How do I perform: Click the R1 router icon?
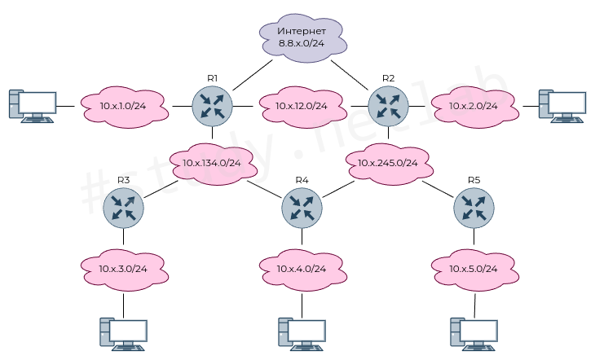click(x=212, y=105)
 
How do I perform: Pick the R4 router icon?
click(x=302, y=208)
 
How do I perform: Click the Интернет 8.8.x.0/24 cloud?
click(x=302, y=36)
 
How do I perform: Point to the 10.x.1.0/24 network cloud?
click(x=123, y=106)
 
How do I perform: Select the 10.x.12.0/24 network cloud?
click(x=301, y=106)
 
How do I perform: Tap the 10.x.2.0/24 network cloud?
click(x=474, y=106)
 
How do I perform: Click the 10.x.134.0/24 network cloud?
click(x=212, y=162)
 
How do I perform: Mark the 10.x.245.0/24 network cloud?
click(x=389, y=162)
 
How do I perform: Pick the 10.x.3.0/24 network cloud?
click(x=123, y=268)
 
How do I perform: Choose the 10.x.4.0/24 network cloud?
click(x=301, y=268)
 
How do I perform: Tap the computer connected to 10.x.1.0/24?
click(x=33, y=106)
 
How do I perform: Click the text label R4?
click(x=302, y=180)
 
